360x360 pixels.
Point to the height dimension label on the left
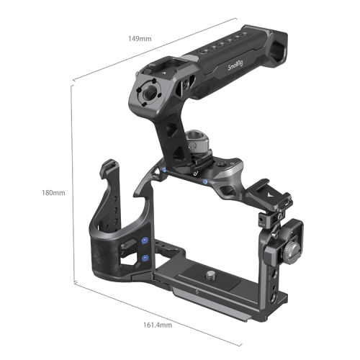[54, 193]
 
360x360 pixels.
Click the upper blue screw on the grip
[145, 242]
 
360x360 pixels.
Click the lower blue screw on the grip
[145, 257]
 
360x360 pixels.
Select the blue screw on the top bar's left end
[165, 170]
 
